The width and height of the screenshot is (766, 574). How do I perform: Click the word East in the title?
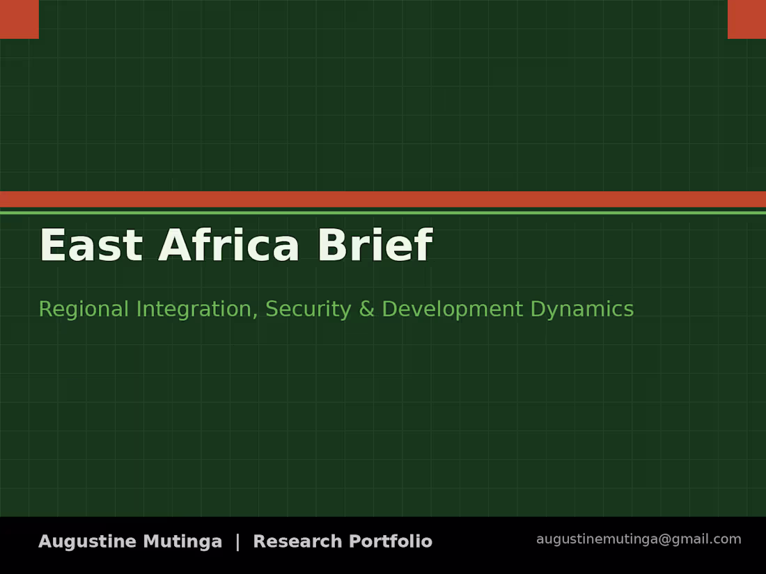[x=91, y=244]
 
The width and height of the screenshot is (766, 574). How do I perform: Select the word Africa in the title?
[x=228, y=244]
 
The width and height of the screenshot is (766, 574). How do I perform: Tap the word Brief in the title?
[x=375, y=244]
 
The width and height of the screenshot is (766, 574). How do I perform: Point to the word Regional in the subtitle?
[x=84, y=309]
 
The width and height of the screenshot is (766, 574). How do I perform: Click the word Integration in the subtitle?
[x=194, y=310]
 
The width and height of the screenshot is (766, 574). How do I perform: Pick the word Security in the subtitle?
[x=308, y=310]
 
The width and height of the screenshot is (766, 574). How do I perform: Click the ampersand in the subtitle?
[x=366, y=309]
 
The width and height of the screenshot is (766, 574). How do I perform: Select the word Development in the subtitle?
[x=453, y=310]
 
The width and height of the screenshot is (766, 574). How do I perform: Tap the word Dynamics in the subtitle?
[x=582, y=310]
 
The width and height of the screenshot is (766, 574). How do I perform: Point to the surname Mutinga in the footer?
[x=182, y=542]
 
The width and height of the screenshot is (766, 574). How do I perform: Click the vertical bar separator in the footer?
[x=238, y=542]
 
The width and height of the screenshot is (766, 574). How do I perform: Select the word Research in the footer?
[x=297, y=541]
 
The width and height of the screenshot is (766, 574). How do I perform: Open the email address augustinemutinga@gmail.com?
[x=639, y=539]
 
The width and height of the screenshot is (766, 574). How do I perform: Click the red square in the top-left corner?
[x=19, y=19]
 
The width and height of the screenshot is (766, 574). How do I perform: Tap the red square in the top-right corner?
[x=747, y=19]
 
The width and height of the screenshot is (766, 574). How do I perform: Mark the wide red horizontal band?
[x=383, y=200]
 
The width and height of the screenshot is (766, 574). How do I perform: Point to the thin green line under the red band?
[x=383, y=213]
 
